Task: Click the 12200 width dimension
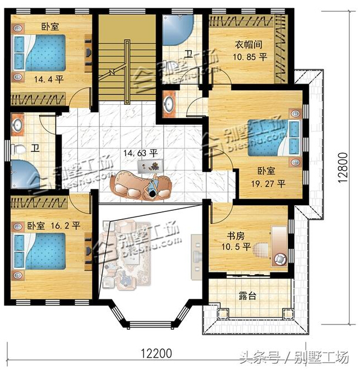(x=156, y=354)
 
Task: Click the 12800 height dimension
(x=343, y=168)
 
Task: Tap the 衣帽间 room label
(x=248, y=45)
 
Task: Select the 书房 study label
(x=236, y=236)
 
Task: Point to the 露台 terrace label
(x=248, y=296)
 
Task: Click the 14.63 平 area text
(x=140, y=153)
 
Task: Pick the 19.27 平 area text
(x=268, y=184)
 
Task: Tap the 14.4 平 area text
(x=49, y=79)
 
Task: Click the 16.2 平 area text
(x=65, y=225)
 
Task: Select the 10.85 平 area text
(x=250, y=57)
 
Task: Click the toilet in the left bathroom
(x=19, y=149)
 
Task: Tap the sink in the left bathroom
(x=17, y=125)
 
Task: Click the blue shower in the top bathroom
(x=178, y=30)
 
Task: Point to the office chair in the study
(x=279, y=259)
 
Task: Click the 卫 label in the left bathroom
(x=35, y=149)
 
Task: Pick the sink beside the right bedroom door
(x=169, y=104)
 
